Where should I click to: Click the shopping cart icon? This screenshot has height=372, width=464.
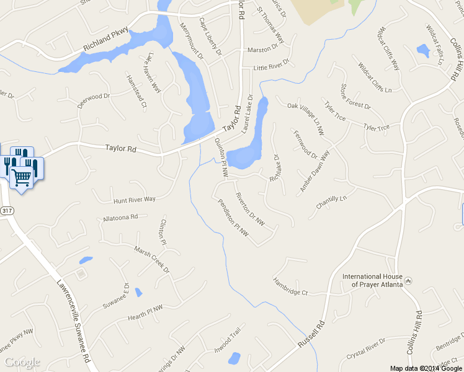point(22,178)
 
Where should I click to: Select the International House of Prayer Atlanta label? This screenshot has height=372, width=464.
point(373,280)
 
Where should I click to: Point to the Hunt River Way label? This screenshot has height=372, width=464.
point(134,200)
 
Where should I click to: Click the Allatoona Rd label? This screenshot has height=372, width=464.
point(120,218)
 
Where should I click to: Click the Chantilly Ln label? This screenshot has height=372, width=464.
point(330,201)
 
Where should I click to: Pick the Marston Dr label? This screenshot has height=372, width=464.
point(263,49)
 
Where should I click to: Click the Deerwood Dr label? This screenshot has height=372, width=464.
point(93,101)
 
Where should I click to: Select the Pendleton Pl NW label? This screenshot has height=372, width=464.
point(233,218)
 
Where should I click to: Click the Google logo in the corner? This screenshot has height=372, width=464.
point(22,362)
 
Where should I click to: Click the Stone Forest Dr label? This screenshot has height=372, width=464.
point(355,97)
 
